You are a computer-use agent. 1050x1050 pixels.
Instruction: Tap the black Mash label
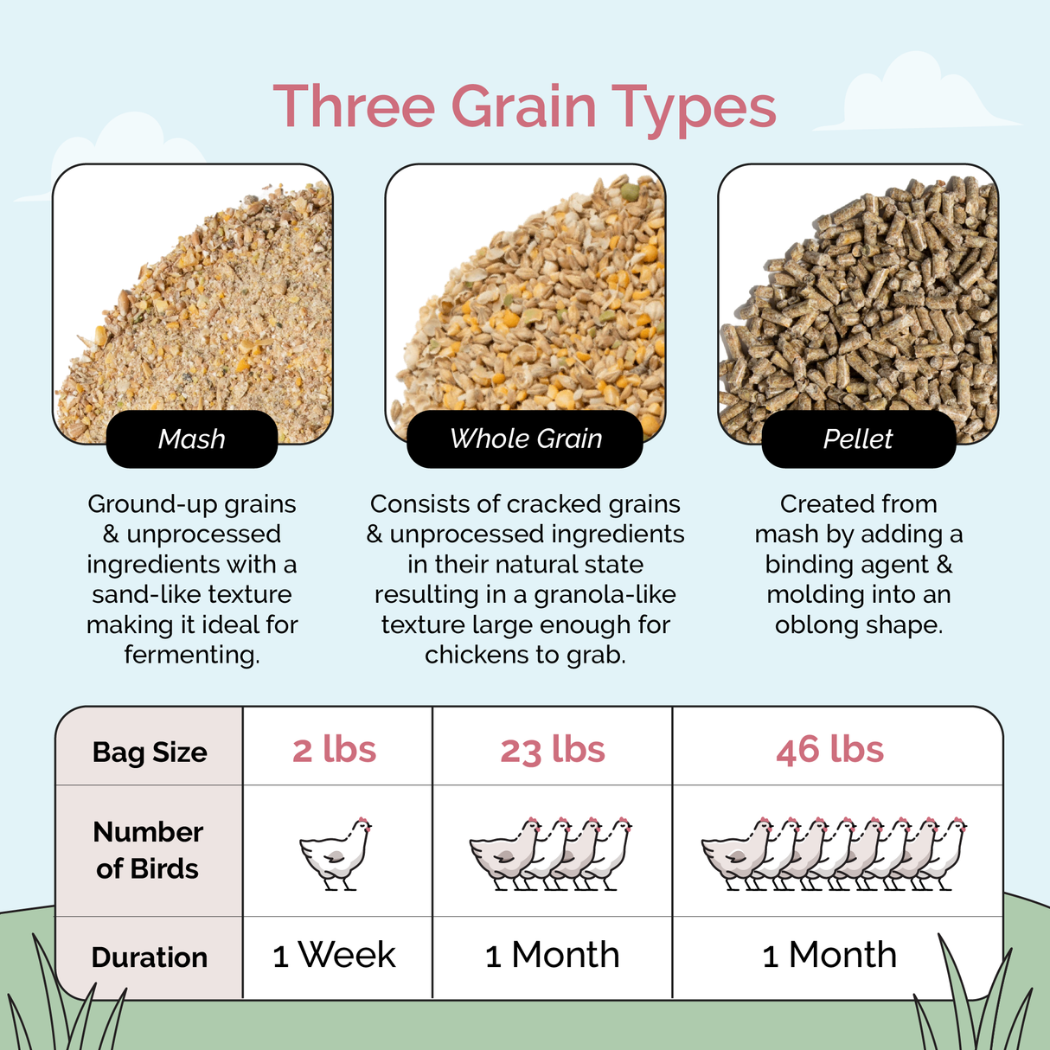192,439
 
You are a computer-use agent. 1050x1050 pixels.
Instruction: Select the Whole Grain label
525,439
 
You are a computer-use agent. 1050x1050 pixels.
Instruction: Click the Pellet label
858,439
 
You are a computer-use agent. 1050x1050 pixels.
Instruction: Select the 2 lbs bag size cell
335,749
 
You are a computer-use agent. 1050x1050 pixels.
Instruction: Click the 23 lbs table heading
553,749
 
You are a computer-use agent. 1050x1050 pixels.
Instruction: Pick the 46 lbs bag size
829,749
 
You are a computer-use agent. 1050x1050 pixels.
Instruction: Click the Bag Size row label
150,752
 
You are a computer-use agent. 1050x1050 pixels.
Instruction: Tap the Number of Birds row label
148,850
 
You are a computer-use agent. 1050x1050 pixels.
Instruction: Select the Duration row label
150,957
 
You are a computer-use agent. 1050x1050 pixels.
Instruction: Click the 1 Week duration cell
334,956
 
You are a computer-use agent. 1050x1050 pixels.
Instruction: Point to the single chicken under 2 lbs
336,853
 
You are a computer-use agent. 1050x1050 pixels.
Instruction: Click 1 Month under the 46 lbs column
829,956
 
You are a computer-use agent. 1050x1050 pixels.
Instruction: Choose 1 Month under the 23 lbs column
553,956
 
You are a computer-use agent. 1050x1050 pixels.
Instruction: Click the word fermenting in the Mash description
191,655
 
